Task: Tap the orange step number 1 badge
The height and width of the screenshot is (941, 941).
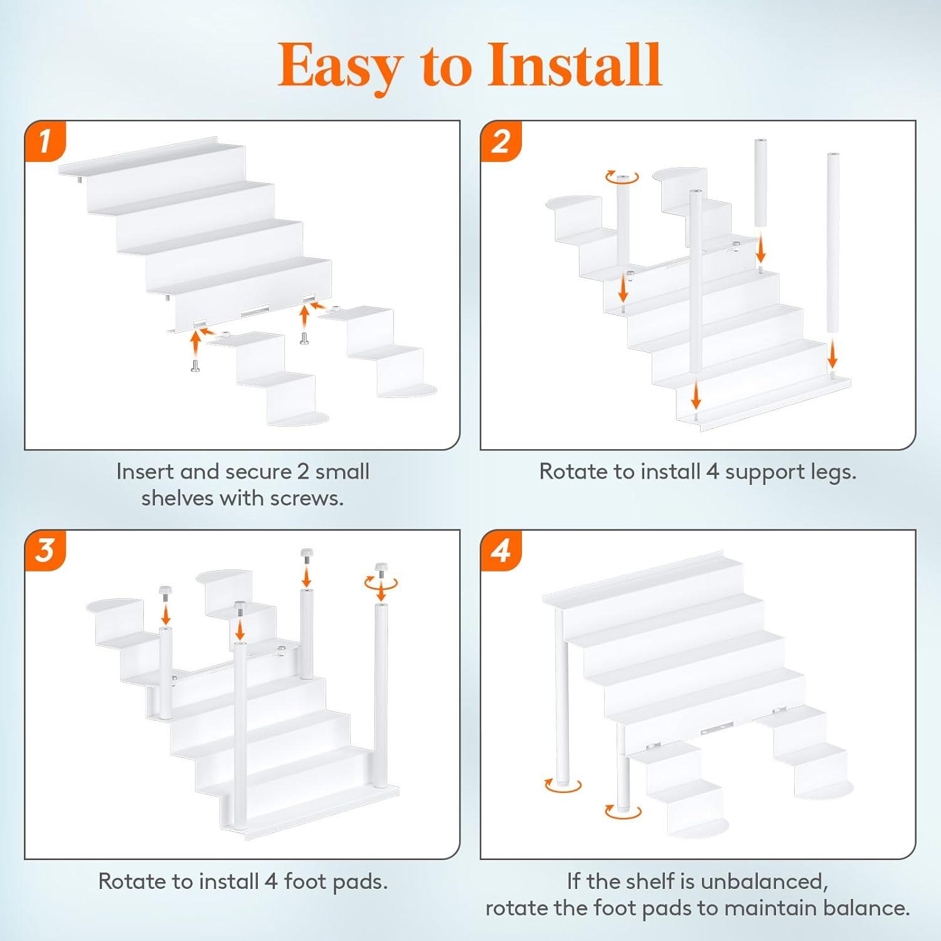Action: pos(45,141)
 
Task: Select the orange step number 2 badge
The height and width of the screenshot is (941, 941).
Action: pos(501,141)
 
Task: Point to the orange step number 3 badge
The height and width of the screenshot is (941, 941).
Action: pos(45,551)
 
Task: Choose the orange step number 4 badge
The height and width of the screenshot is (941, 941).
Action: pos(501,551)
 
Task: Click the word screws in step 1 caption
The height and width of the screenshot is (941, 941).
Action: pos(306,498)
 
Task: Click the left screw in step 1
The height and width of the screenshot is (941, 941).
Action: pos(196,364)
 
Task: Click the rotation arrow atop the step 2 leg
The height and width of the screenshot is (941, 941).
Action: pos(622,178)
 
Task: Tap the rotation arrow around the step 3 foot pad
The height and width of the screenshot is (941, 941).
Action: pos(381,583)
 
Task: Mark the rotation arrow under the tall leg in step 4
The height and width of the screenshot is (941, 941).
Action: pos(563,785)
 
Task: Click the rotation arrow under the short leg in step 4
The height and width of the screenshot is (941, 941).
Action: pos(623,812)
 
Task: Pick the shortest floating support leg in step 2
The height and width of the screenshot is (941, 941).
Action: pos(760,183)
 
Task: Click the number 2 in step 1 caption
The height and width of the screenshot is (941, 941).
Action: pos(303,472)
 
